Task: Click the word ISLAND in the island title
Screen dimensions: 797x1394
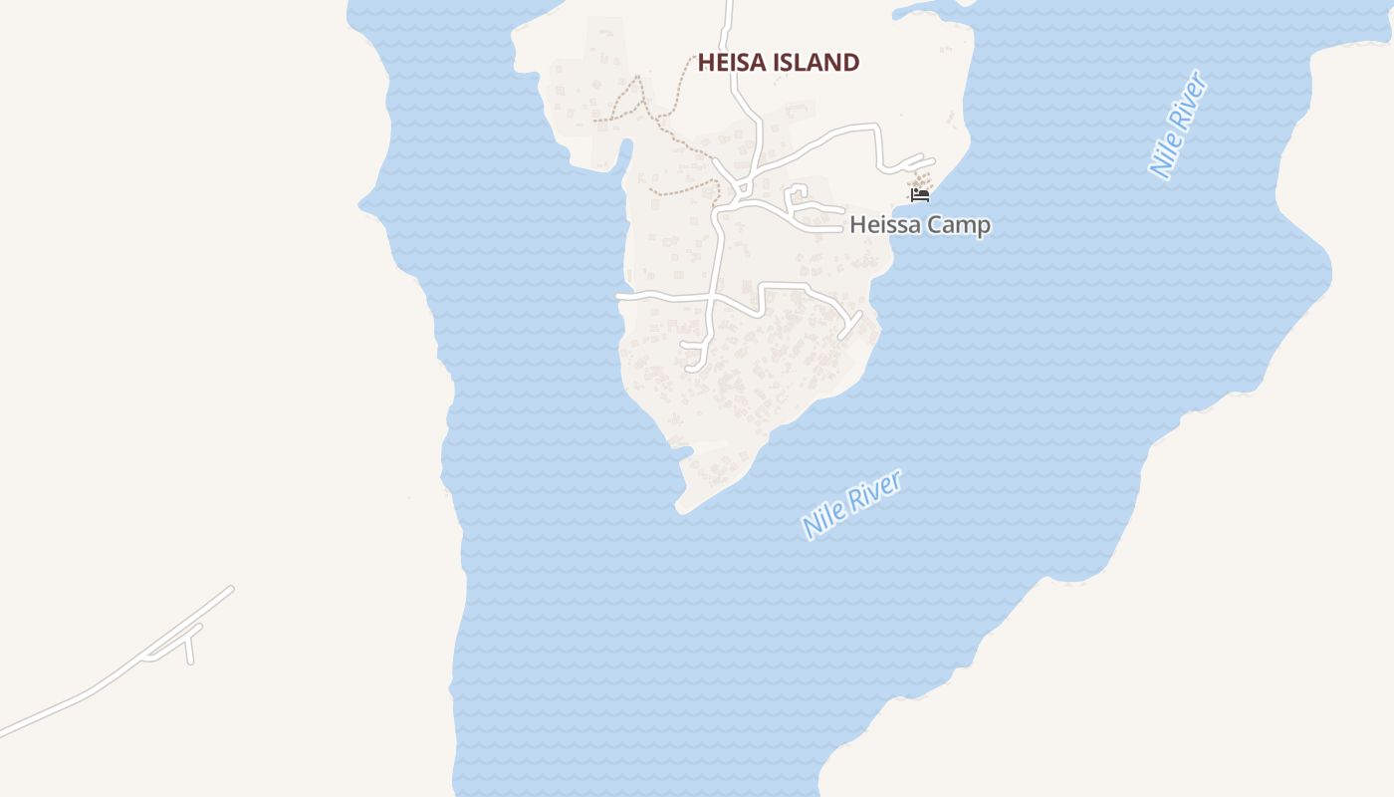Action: pos(818,63)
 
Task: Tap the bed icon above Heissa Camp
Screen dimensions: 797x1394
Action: pos(920,194)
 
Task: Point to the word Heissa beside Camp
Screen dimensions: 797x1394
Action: pos(882,225)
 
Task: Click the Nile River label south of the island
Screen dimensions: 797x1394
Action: pos(852,504)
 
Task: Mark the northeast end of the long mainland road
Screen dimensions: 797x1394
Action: pos(230,589)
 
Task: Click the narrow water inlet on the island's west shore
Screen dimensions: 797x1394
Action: pos(625,152)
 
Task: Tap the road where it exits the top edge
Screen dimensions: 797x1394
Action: pos(729,4)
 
